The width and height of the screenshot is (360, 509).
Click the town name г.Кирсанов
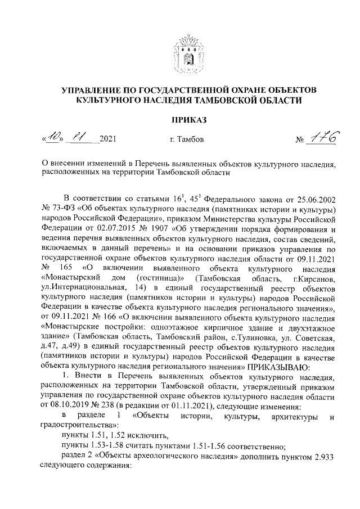315,280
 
